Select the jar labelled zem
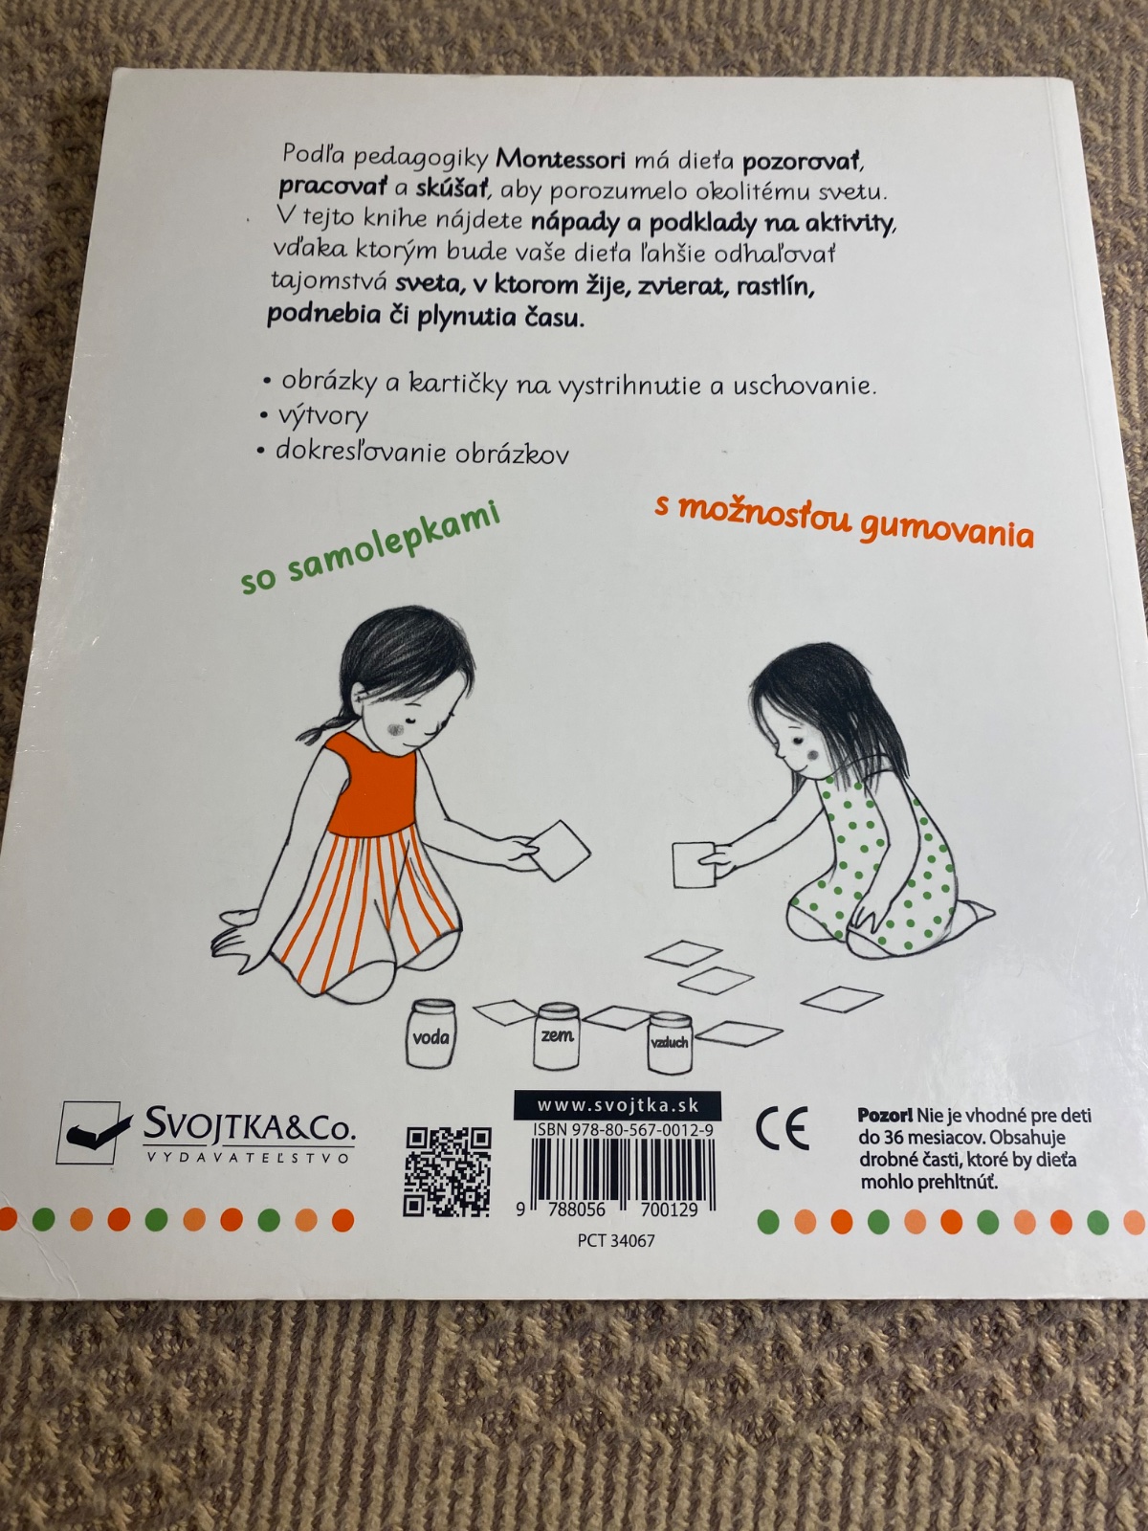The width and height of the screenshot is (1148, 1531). point(556,1035)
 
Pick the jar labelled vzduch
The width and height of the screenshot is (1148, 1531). point(669,1042)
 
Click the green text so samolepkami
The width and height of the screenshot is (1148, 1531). point(371,549)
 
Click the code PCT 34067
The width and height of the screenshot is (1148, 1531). point(616,1241)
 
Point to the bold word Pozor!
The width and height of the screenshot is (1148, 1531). point(885,1116)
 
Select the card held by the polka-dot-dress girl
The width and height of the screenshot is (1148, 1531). point(694,865)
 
